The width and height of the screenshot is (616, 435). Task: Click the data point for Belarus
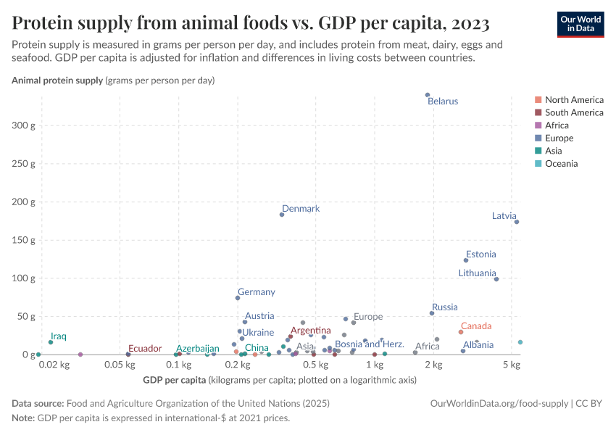[428, 95]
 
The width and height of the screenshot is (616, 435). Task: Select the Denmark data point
[282, 215]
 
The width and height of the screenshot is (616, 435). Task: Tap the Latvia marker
[517, 222]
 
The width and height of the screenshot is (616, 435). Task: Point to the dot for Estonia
[466, 260]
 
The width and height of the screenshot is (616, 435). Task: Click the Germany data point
[238, 298]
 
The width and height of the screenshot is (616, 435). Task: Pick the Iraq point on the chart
[51, 342]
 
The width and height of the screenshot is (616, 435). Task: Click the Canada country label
[476, 327]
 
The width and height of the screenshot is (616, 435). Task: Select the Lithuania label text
[477, 273]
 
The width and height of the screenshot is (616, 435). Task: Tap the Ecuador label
[145, 349]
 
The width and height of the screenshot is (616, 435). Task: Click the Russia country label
[444, 307]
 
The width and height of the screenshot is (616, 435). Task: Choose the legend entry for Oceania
[561, 164]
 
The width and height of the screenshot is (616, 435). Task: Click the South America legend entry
[573, 112]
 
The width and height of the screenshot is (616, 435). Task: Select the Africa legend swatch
[538, 125]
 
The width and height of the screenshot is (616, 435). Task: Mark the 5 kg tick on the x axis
[512, 365]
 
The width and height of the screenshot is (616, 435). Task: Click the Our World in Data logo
[580, 24]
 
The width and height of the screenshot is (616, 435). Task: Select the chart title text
[251, 23]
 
